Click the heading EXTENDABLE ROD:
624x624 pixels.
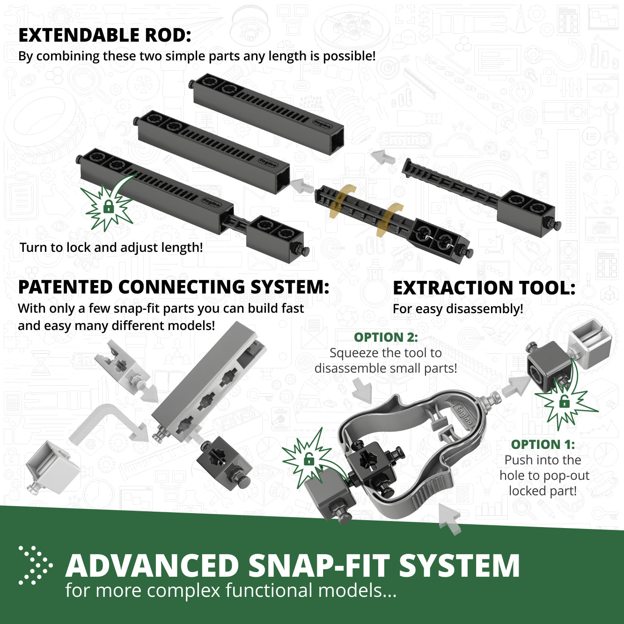104,35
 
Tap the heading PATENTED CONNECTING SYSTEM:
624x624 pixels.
174,287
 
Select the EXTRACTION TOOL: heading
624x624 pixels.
484,288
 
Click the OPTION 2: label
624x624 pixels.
386,337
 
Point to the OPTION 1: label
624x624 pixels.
543,444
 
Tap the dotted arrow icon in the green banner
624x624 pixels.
35,565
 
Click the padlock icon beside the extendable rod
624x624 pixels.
108,206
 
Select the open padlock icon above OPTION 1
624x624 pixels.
564,401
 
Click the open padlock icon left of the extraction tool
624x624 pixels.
309,459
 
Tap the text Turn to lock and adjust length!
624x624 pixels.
111,247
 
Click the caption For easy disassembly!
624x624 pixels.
458,308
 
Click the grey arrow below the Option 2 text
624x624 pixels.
363,389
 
